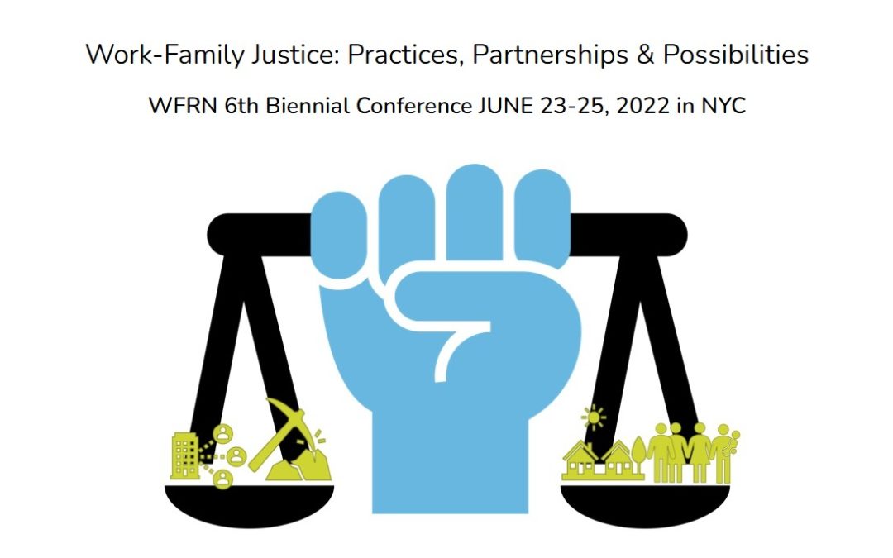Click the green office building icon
185,455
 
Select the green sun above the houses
593,417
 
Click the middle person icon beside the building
236,455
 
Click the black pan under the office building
248,499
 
